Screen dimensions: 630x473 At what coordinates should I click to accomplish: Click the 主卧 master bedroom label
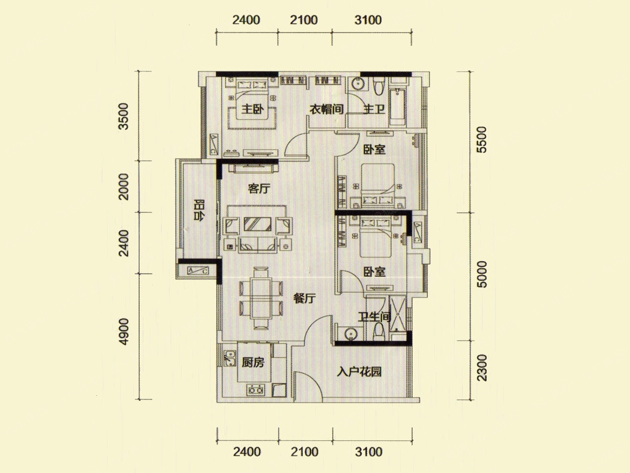pyautogui.click(x=253, y=109)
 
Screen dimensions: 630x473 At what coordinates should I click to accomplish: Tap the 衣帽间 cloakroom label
pyautogui.click(x=327, y=109)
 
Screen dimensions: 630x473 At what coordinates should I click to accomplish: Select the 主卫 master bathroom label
pyautogui.click(x=374, y=109)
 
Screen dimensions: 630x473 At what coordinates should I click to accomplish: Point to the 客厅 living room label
pyautogui.click(x=259, y=189)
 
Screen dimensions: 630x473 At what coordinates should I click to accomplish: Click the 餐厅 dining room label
pyautogui.click(x=304, y=299)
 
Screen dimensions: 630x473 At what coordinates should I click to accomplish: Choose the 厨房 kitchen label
pyautogui.click(x=253, y=363)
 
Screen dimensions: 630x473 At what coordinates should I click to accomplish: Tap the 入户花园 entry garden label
pyautogui.click(x=359, y=372)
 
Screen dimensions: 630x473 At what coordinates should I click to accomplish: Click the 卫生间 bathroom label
pyautogui.click(x=375, y=317)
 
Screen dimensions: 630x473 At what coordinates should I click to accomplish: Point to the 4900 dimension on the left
pyautogui.click(x=124, y=331)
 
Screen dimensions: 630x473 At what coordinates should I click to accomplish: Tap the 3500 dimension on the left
pyautogui.click(x=124, y=116)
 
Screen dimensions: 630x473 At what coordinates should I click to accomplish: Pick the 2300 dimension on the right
pyautogui.click(x=482, y=368)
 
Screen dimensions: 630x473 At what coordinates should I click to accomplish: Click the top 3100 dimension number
pyautogui.click(x=368, y=20)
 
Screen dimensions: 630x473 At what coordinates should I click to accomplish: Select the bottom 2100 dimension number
pyautogui.click(x=304, y=452)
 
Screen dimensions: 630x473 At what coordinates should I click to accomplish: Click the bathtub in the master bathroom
pyautogui.click(x=397, y=107)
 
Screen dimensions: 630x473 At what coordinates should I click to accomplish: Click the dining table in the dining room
pyautogui.click(x=261, y=298)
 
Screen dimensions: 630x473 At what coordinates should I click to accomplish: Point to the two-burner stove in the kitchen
pyautogui.click(x=256, y=390)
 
